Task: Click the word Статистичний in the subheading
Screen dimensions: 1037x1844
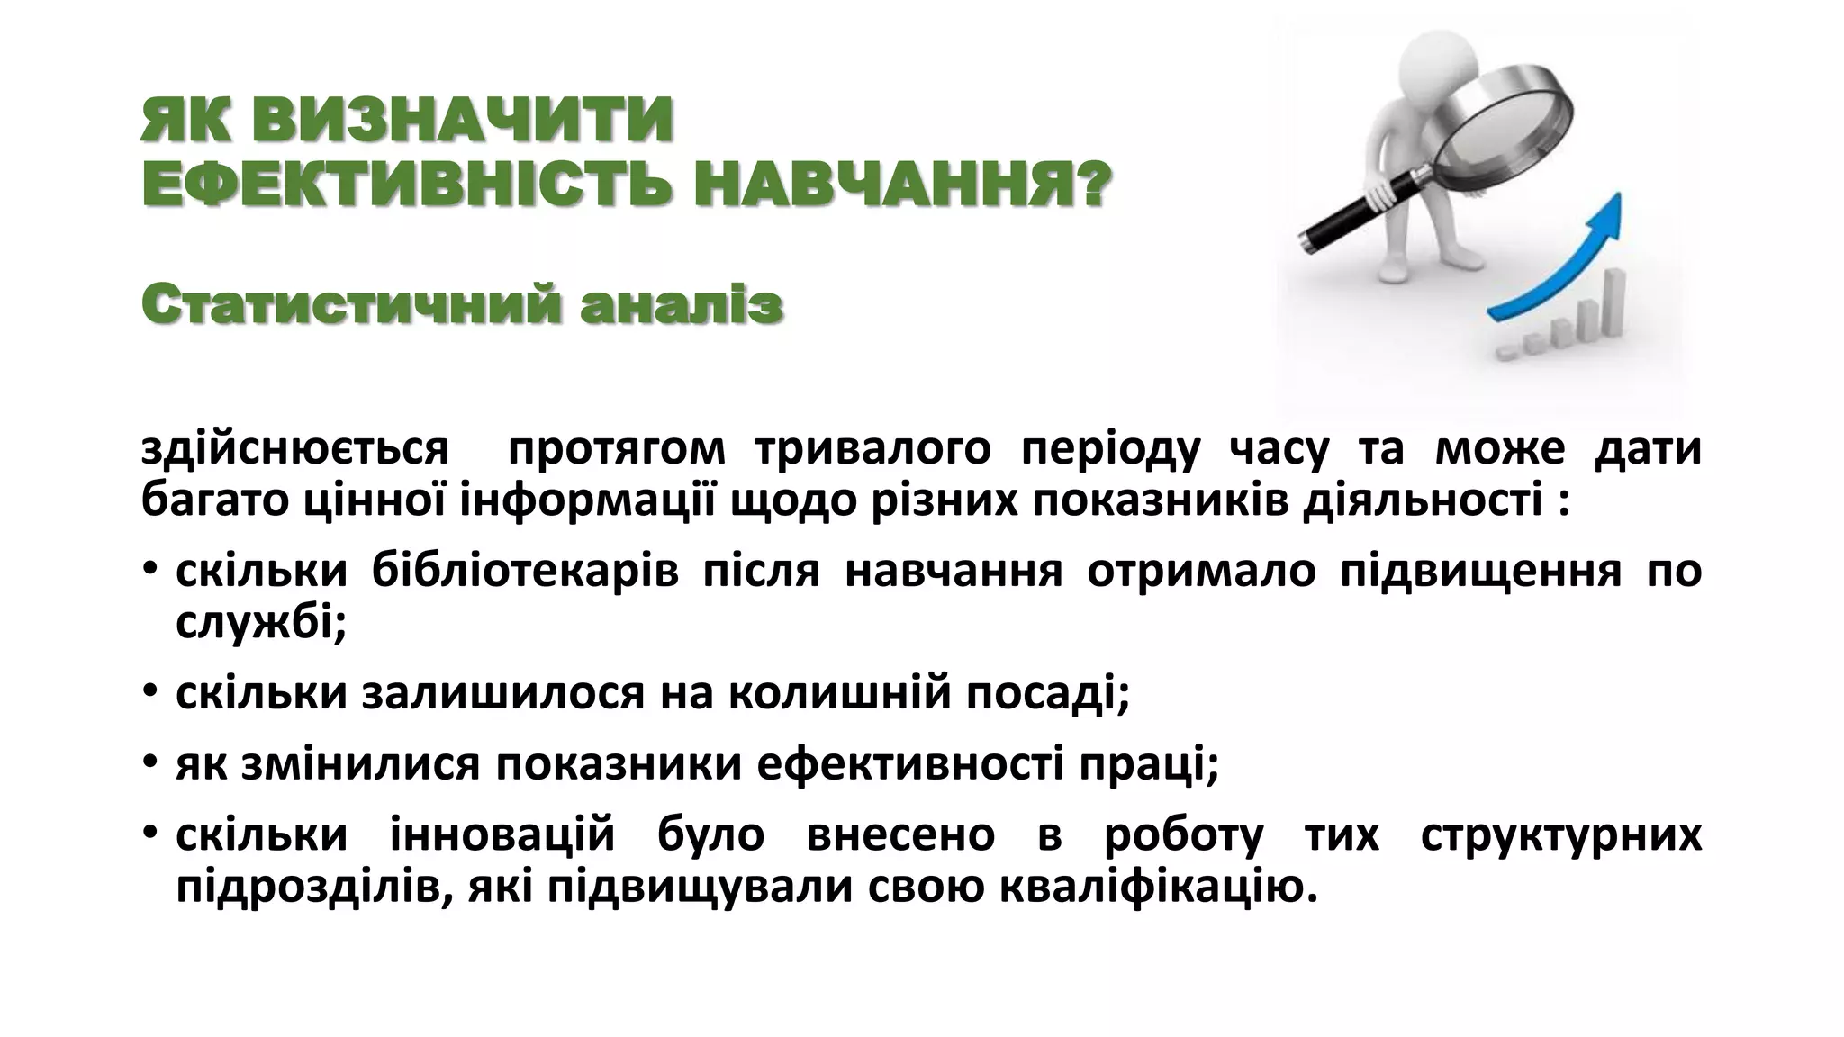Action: click(x=347, y=305)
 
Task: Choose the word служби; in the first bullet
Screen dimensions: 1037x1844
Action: click(x=261, y=622)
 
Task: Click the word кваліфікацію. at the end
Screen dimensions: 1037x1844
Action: click(x=1158, y=887)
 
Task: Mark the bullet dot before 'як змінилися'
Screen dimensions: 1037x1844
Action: click(x=150, y=765)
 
